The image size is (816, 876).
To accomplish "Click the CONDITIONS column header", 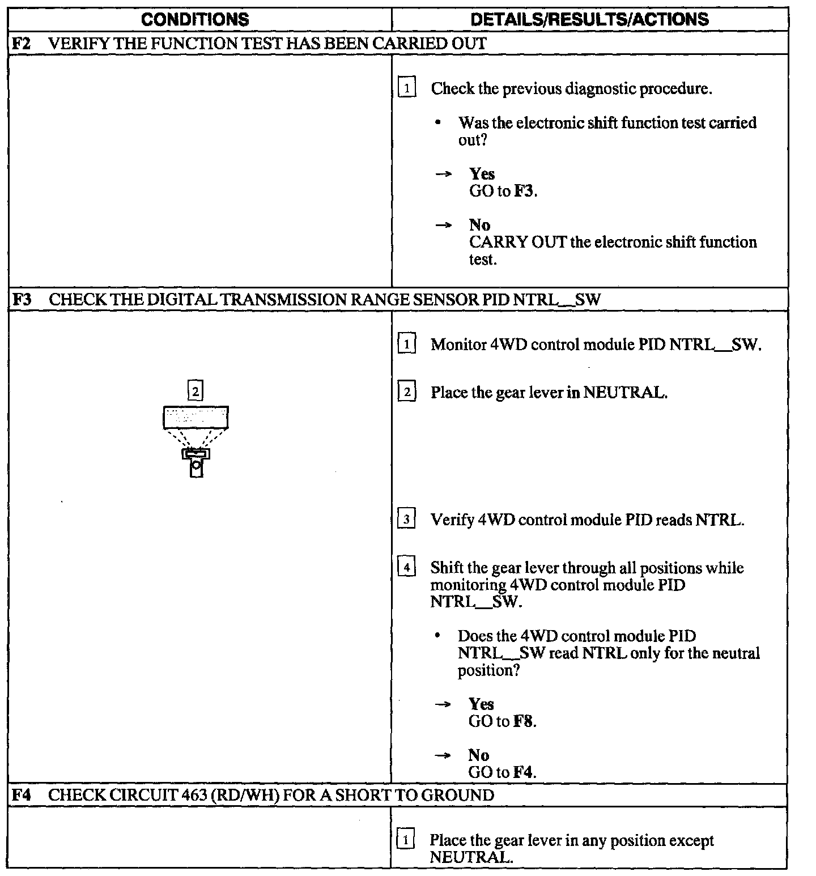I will click(194, 20).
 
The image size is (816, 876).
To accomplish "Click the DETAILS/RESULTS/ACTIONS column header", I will click(589, 20).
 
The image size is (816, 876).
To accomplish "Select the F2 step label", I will click(22, 44).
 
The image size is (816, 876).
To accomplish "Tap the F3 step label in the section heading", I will click(22, 299).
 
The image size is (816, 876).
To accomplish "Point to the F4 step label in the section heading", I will click(21, 795).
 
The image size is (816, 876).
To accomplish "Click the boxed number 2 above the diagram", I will click(195, 391).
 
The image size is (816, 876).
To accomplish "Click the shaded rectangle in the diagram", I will click(195, 417).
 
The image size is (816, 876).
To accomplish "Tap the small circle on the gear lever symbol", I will click(196, 466).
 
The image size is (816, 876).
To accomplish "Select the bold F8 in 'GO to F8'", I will click(524, 721).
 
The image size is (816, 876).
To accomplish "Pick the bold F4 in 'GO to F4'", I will click(524, 772).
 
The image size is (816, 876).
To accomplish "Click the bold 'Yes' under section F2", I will click(482, 174).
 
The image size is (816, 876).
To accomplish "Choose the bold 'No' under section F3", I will click(479, 755).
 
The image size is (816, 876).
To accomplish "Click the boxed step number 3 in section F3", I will click(406, 519).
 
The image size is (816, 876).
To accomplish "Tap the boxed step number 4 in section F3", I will click(406, 567).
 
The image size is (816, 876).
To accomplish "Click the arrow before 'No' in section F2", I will click(444, 226).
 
